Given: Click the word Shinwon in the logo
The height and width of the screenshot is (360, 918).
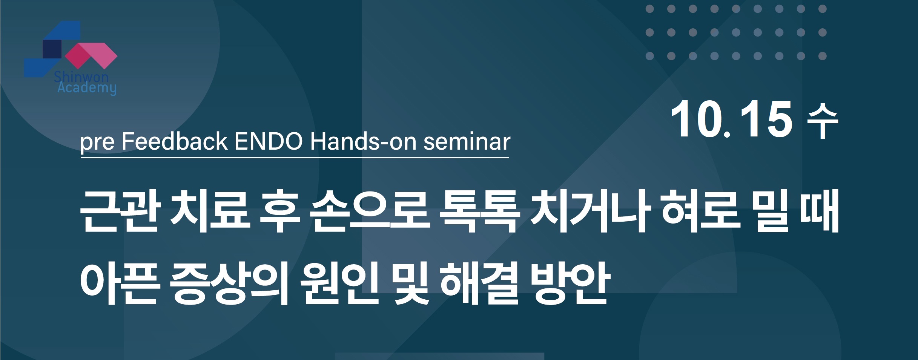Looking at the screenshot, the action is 81,77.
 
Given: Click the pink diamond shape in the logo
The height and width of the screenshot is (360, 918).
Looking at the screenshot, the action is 91,56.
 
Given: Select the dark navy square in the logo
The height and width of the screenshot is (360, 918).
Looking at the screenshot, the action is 52,49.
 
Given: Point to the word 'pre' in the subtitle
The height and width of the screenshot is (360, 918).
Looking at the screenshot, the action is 97,142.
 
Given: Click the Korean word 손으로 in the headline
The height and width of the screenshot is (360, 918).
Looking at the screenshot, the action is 369,211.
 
